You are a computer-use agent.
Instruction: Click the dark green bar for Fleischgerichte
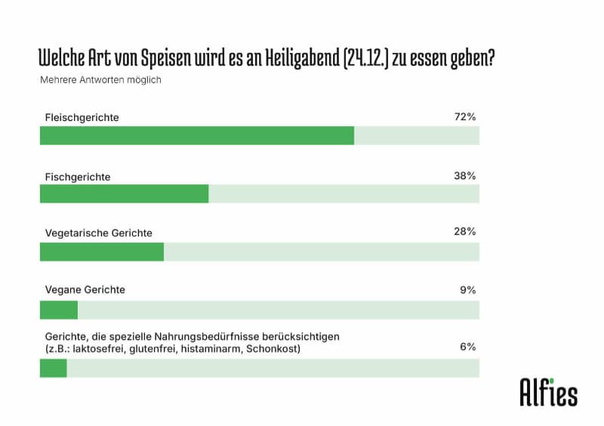[x=196, y=136]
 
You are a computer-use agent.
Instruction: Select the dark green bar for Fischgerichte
[x=124, y=194]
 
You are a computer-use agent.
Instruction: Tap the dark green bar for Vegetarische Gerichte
[x=101, y=252]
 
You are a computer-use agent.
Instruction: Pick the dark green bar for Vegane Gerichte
[x=58, y=310]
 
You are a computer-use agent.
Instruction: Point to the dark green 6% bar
[x=53, y=368]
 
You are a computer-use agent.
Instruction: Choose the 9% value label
[x=468, y=289]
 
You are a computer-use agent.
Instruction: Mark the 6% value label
[x=468, y=347]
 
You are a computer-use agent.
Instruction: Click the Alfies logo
[x=548, y=390]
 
